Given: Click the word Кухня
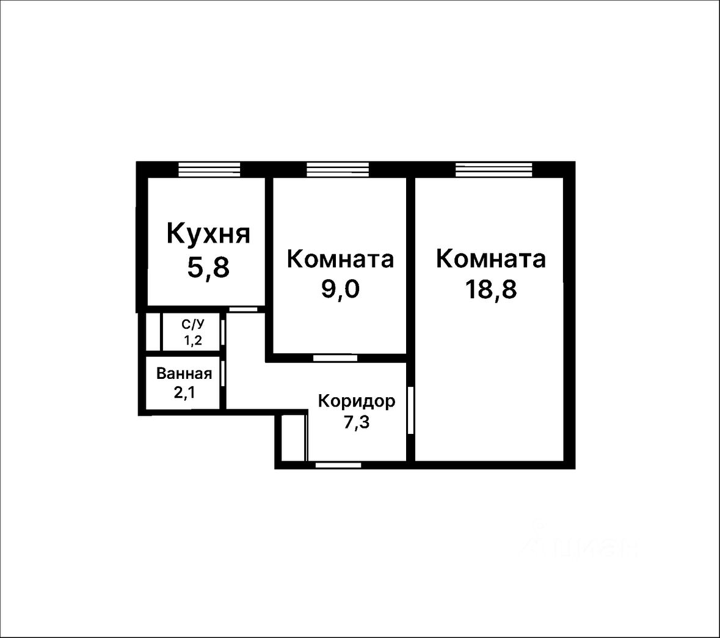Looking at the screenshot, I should [208, 234].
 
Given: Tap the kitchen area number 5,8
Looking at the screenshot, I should [208, 267].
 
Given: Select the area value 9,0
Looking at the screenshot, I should [340, 289].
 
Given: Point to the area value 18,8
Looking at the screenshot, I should [490, 289].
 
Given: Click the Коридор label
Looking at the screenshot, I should [357, 402].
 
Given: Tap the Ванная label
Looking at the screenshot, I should [184, 373].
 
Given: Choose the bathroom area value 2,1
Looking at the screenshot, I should [184, 392].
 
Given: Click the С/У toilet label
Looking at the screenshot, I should [193, 324].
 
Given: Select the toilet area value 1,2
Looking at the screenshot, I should [193, 341].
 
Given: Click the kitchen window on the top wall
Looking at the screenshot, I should [209, 169].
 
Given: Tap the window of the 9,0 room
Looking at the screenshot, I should [338, 169].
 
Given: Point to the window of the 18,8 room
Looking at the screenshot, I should [493, 169].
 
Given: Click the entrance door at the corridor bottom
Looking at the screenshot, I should [338, 465].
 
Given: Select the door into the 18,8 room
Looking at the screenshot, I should [411, 410].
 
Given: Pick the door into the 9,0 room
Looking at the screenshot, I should [335, 358].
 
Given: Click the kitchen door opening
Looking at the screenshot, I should [243, 309].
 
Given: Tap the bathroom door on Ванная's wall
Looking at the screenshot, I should [224, 373].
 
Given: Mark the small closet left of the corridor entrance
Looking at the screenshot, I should [293, 437].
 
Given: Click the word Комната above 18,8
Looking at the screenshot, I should [490, 258].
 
